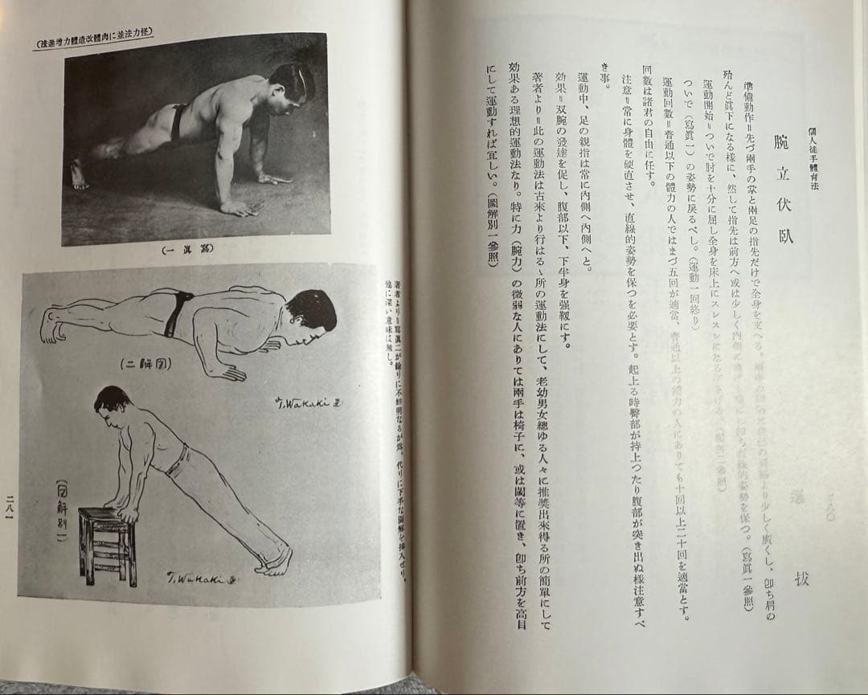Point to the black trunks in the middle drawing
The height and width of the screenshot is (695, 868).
pyautogui.click(x=177, y=313)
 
